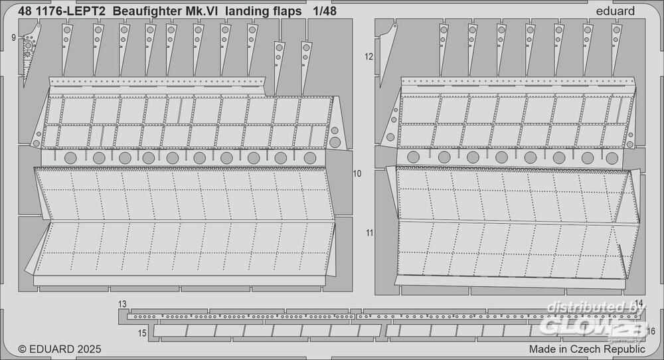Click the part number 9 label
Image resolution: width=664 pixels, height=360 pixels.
point(14,38)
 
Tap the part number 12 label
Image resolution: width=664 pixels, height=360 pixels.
point(369,56)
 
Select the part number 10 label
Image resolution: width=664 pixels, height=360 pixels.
point(357,173)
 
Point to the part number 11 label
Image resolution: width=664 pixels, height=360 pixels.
point(370,232)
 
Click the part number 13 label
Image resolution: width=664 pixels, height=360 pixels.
point(122,304)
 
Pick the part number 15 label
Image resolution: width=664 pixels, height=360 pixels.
point(142,333)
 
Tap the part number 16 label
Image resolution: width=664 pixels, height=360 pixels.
point(651,331)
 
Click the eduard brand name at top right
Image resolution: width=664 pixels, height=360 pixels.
point(615,11)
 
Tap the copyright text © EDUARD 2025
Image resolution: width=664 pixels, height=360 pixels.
point(60,349)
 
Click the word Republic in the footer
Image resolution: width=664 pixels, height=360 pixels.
point(623,349)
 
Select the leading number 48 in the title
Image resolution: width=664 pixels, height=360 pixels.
point(25,11)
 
